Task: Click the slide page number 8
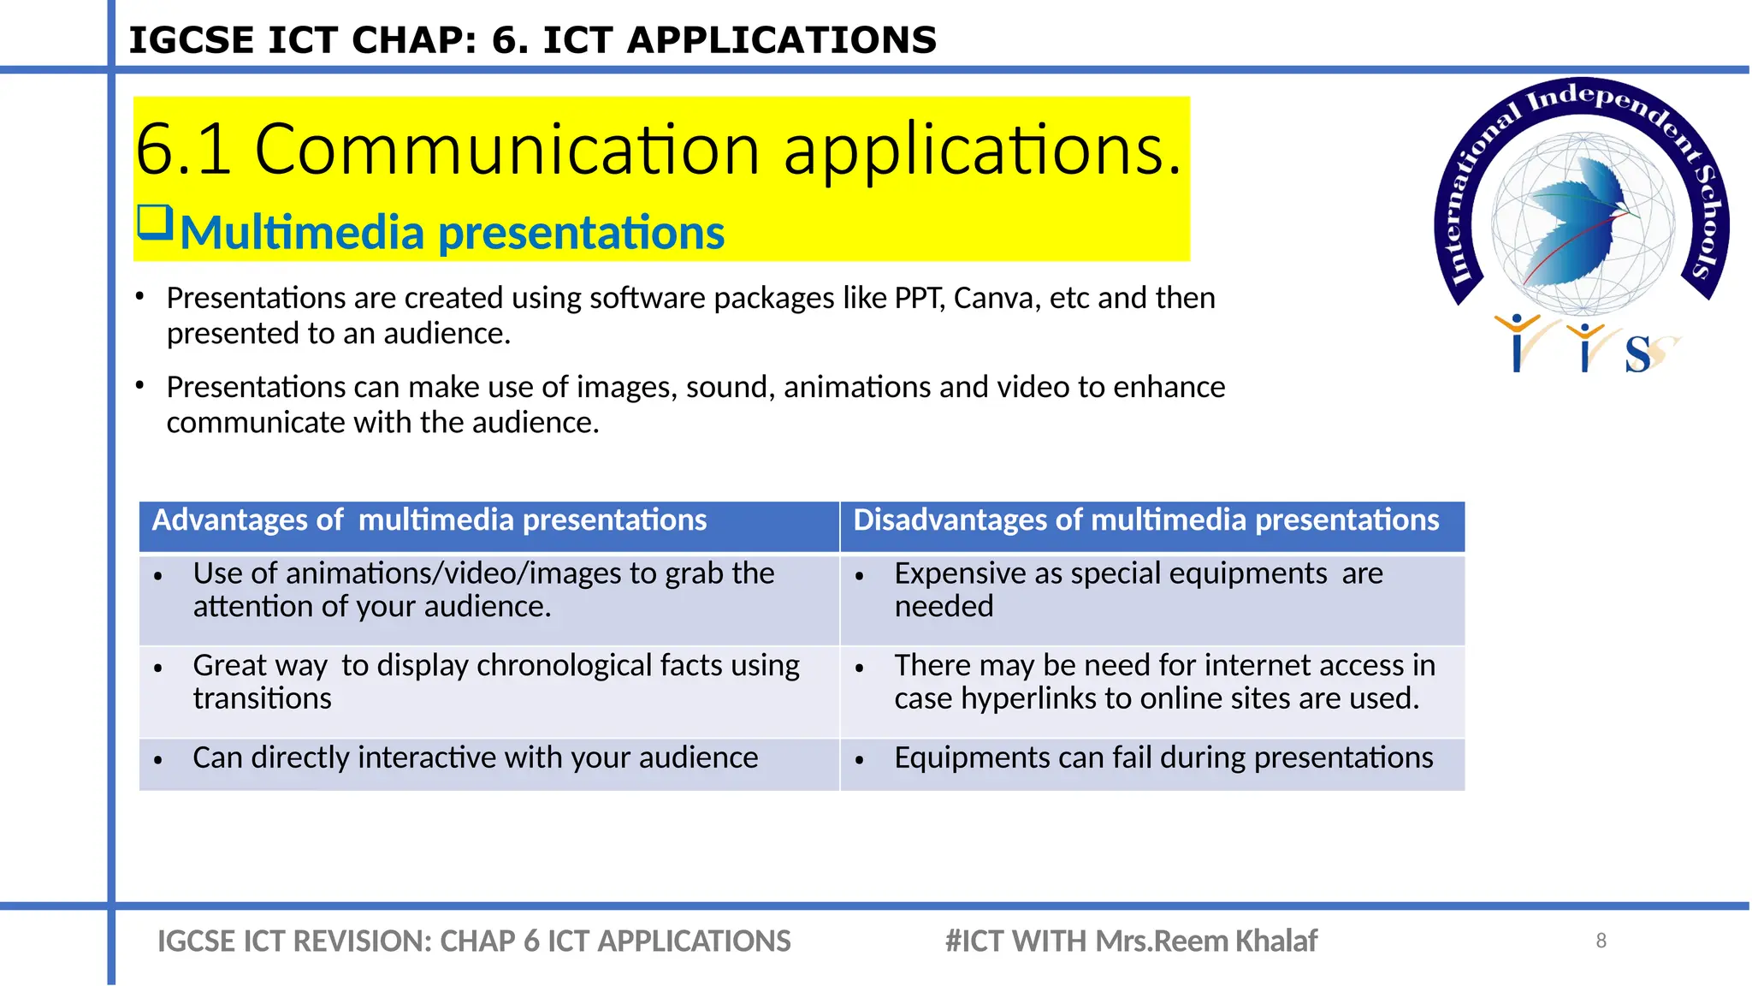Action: coord(1601,941)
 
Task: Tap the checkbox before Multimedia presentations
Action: coord(156,223)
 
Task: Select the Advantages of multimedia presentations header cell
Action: coord(488,525)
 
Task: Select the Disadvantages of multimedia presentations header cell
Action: coord(1151,525)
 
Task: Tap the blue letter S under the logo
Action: coord(1637,354)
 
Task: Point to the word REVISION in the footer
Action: coord(359,941)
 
